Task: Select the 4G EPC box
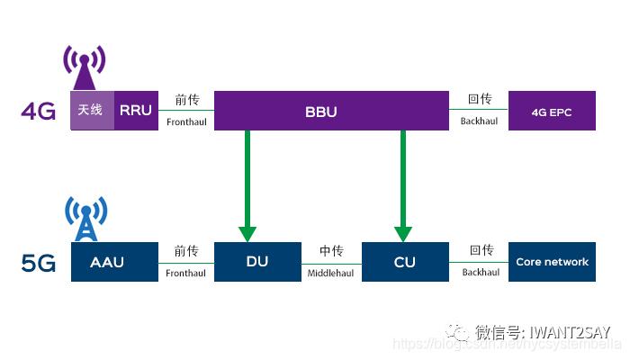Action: coord(552,112)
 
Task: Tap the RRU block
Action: coord(137,110)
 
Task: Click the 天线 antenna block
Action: coord(93,110)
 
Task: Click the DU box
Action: coord(256,262)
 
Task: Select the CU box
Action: coord(404,262)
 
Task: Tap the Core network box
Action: coord(552,262)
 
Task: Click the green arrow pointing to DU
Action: coord(247,184)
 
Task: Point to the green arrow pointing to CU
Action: coord(403,184)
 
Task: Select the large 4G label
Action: coord(39,112)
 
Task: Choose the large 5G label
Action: coord(39,264)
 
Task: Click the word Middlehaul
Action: coord(330,272)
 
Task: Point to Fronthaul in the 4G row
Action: coord(186,120)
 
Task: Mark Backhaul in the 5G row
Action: coord(481,272)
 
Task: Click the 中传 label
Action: coord(330,251)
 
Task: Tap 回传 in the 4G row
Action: coord(481,100)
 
